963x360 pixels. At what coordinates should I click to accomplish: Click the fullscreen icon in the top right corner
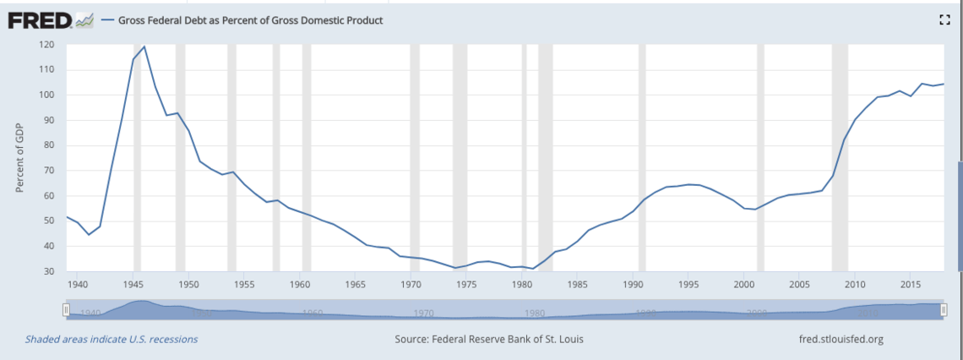pos(944,20)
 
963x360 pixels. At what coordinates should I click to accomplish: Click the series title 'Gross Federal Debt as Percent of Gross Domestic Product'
pos(249,20)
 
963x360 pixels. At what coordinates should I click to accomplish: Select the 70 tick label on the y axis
pos(47,171)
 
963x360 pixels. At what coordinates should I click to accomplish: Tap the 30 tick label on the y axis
pos(47,271)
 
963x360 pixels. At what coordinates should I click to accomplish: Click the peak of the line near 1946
pos(144,46)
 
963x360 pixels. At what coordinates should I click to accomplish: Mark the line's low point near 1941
pos(89,234)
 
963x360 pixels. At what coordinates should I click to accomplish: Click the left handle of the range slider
pos(66,310)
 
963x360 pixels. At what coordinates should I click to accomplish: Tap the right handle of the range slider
pos(944,310)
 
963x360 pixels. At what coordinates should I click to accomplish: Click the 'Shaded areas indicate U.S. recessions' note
pos(112,340)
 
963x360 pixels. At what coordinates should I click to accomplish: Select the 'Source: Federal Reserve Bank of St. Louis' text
pos(489,340)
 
